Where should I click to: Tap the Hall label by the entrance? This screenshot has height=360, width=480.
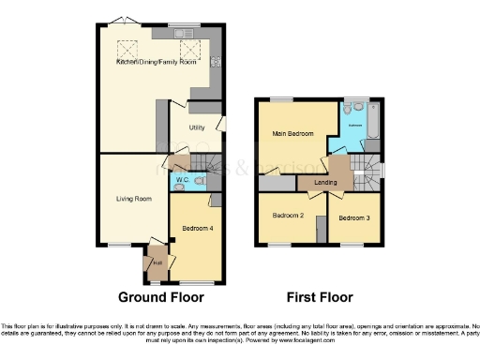(x=157, y=262)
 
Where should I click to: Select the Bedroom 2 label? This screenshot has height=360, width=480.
(x=288, y=215)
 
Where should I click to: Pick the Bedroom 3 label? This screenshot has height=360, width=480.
(x=354, y=217)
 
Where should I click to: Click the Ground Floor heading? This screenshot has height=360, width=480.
(x=160, y=297)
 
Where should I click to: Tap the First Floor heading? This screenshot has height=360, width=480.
(x=317, y=297)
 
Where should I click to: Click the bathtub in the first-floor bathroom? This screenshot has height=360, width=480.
(x=372, y=120)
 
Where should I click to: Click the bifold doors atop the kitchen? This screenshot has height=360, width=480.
(x=117, y=21)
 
